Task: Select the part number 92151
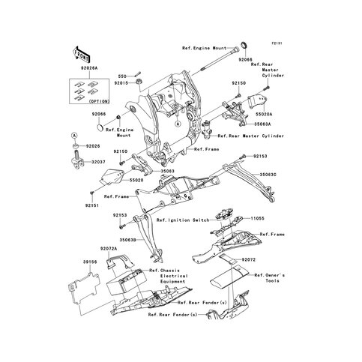(92, 205)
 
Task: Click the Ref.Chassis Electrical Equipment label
(166, 277)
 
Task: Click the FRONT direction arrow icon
(81, 53)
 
